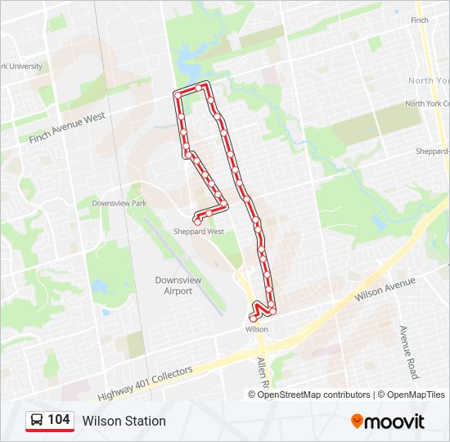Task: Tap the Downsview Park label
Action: click(x=119, y=203)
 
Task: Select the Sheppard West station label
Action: click(x=198, y=232)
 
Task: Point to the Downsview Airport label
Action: click(x=178, y=285)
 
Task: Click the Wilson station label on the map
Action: click(x=256, y=329)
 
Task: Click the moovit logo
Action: click(x=388, y=422)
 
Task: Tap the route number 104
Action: click(x=58, y=420)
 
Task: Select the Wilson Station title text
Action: click(x=124, y=422)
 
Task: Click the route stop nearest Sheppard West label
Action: click(x=197, y=220)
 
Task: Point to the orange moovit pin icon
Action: click(x=357, y=422)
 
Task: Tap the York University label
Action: click(x=21, y=66)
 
